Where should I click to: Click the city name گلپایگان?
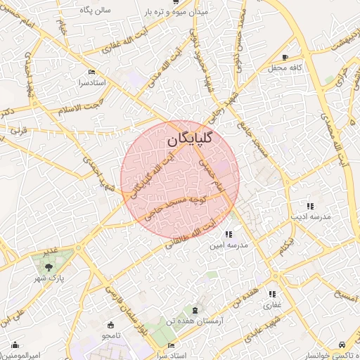(191, 140)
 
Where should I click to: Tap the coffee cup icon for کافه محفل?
(285, 58)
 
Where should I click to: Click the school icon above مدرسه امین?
(229, 234)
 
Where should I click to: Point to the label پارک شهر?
(49, 279)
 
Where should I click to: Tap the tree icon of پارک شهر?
(49, 267)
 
